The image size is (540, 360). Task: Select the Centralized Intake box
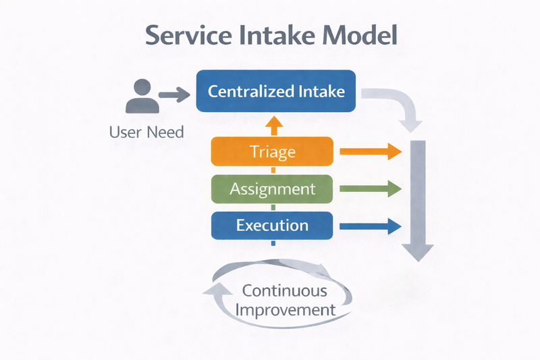point(275,91)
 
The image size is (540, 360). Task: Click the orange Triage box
point(272,151)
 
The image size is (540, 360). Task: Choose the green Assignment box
point(272,188)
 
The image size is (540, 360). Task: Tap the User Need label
point(146,132)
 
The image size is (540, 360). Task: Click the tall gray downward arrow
point(418,203)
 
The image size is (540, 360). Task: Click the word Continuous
point(284,291)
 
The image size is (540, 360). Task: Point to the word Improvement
point(288,310)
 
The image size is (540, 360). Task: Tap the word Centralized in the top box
point(250,91)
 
